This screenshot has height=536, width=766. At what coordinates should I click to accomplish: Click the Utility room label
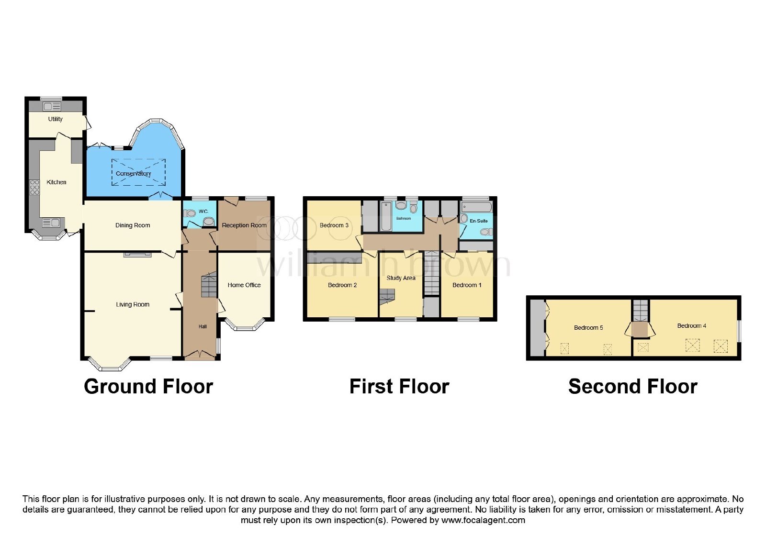click(x=56, y=119)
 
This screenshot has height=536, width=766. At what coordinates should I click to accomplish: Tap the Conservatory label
click(x=134, y=174)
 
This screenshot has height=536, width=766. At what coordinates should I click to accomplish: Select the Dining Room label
click(x=133, y=225)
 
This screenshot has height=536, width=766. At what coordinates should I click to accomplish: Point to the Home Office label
click(x=244, y=285)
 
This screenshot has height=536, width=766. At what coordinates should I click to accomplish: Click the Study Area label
click(x=401, y=278)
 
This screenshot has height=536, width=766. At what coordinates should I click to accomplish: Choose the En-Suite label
click(x=479, y=221)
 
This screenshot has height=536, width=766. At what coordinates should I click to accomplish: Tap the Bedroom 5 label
click(x=588, y=328)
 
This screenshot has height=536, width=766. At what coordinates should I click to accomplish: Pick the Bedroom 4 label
click(x=692, y=326)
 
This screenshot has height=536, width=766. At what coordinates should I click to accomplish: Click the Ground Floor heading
click(x=148, y=387)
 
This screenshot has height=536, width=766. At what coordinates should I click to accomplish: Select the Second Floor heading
click(x=633, y=387)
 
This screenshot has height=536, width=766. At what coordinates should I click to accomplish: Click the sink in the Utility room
click(x=52, y=107)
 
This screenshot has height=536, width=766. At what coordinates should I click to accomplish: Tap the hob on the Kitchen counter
click(x=35, y=187)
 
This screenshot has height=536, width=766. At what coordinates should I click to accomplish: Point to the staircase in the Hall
click(x=209, y=284)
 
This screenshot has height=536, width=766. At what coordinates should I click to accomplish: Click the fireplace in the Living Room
click(x=137, y=254)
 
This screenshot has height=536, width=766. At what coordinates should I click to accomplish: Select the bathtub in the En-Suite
click(x=476, y=207)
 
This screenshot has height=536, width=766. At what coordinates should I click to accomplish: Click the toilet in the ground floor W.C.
click(x=189, y=213)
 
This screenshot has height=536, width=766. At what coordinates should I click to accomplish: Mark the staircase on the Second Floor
click(x=640, y=311)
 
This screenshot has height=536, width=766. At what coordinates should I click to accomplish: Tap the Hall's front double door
click(x=200, y=356)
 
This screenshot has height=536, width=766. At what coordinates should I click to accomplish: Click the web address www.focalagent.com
click(x=483, y=520)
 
